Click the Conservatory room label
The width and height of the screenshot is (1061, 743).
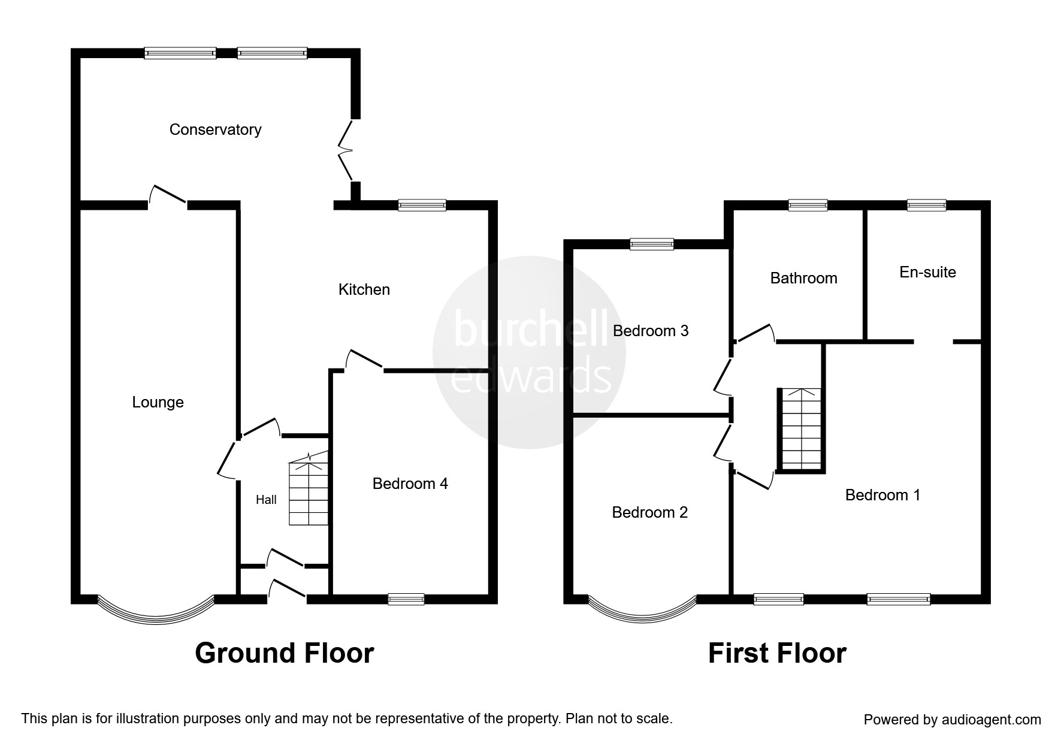(x=215, y=129)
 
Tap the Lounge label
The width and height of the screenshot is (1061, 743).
(x=158, y=402)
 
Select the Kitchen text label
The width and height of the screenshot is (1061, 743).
(x=364, y=289)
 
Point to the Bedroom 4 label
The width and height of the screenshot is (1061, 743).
(x=410, y=484)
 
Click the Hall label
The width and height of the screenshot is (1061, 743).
(x=266, y=500)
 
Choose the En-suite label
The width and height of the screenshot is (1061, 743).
(x=927, y=272)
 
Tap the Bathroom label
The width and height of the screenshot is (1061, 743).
(x=803, y=278)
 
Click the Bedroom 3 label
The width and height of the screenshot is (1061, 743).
(x=650, y=331)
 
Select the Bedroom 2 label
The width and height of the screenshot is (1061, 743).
(x=649, y=512)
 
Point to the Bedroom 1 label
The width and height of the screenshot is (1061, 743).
(x=882, y=495)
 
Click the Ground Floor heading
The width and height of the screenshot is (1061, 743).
(x=284, y=653)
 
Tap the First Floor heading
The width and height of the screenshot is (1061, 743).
(x=777, y=653)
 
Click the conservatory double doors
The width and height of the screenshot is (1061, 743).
(x=346, y=150)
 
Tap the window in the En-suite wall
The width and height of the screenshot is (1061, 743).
(x=926, y=205)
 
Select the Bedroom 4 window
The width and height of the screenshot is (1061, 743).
(x=406, y=599)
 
